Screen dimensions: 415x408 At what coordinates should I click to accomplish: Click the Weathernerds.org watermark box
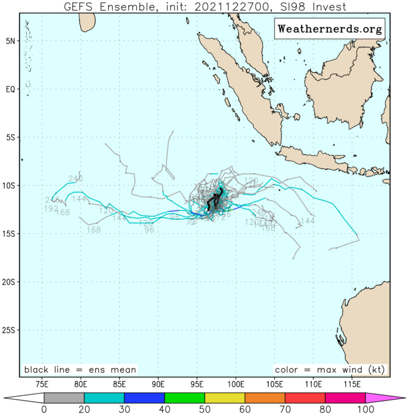pos(329,29)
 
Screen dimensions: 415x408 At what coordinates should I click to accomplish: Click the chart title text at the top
pos(204,6)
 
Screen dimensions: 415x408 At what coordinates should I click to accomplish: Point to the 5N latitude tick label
pos(11,41)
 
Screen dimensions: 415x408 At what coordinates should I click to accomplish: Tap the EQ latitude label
pos(11,89)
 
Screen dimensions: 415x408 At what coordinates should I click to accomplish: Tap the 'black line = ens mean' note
pos(80,369)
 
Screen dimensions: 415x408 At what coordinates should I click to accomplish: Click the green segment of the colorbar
pos(184,397)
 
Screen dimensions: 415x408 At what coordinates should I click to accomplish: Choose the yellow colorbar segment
pos(225,397)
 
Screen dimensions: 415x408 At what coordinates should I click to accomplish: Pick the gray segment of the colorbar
pos(64,397)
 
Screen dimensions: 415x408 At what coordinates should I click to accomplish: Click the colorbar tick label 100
pos(365,410)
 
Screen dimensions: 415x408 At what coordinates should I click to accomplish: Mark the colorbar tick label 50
pos(204,410)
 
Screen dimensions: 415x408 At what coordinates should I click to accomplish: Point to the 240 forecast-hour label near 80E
pos(75,179)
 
